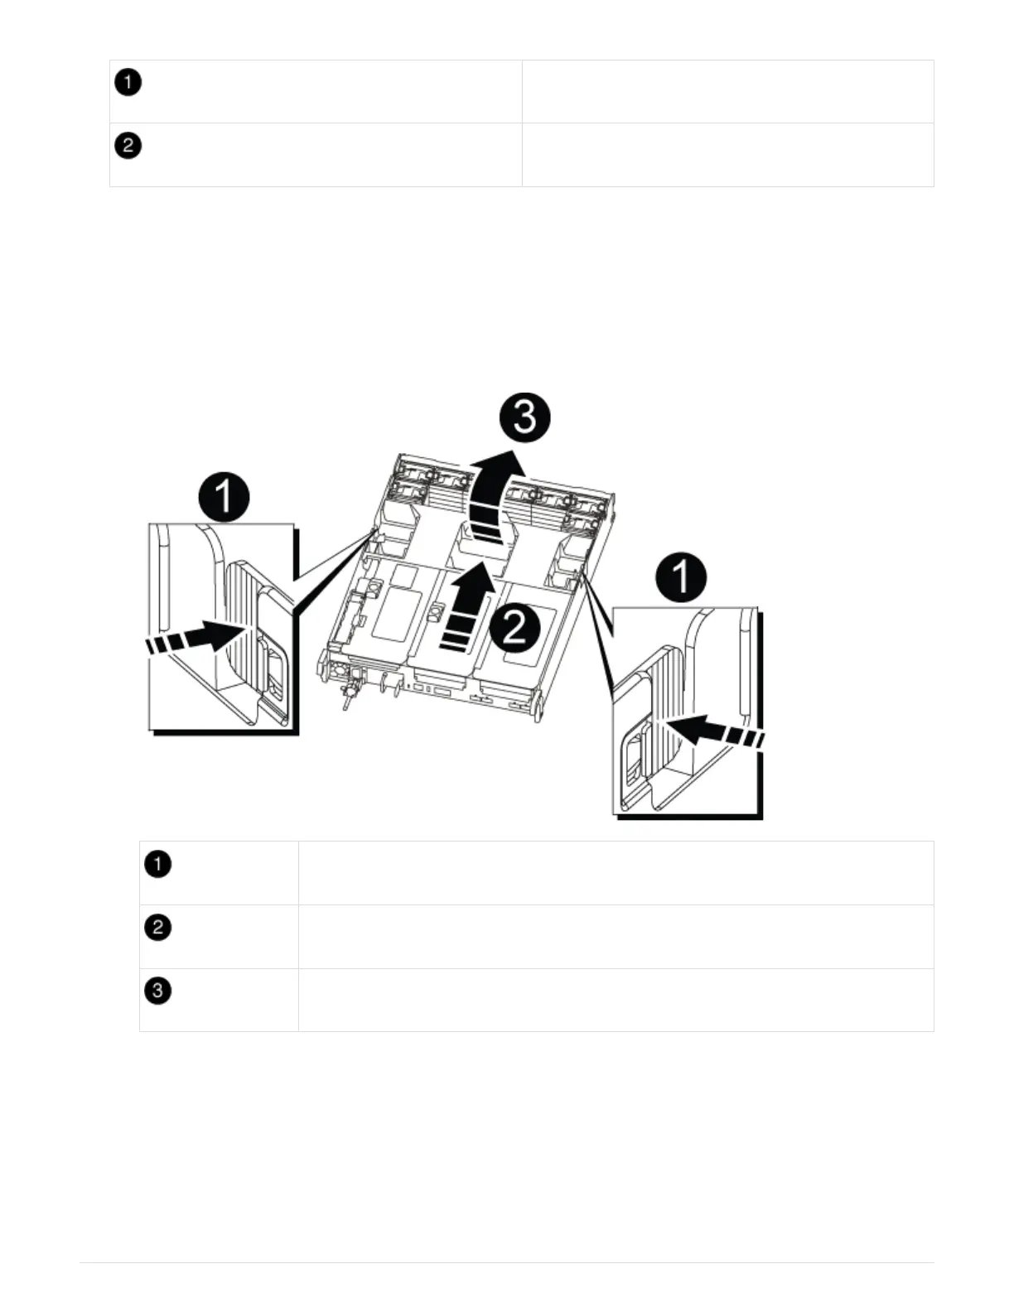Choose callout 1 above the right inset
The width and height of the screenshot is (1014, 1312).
click(681, 577)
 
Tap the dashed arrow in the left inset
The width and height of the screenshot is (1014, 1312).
click(191, 640)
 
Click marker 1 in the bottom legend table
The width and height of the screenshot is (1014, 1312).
click(157, 865)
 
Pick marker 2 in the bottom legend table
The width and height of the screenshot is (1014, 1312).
click(157, 928)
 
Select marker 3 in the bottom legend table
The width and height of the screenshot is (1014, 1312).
click(157, 991)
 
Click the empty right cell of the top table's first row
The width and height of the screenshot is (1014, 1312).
click(727, 91)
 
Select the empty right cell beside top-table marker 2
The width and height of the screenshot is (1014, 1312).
click(727, 155)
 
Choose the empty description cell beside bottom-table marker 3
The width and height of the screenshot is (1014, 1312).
click(616, 1000)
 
